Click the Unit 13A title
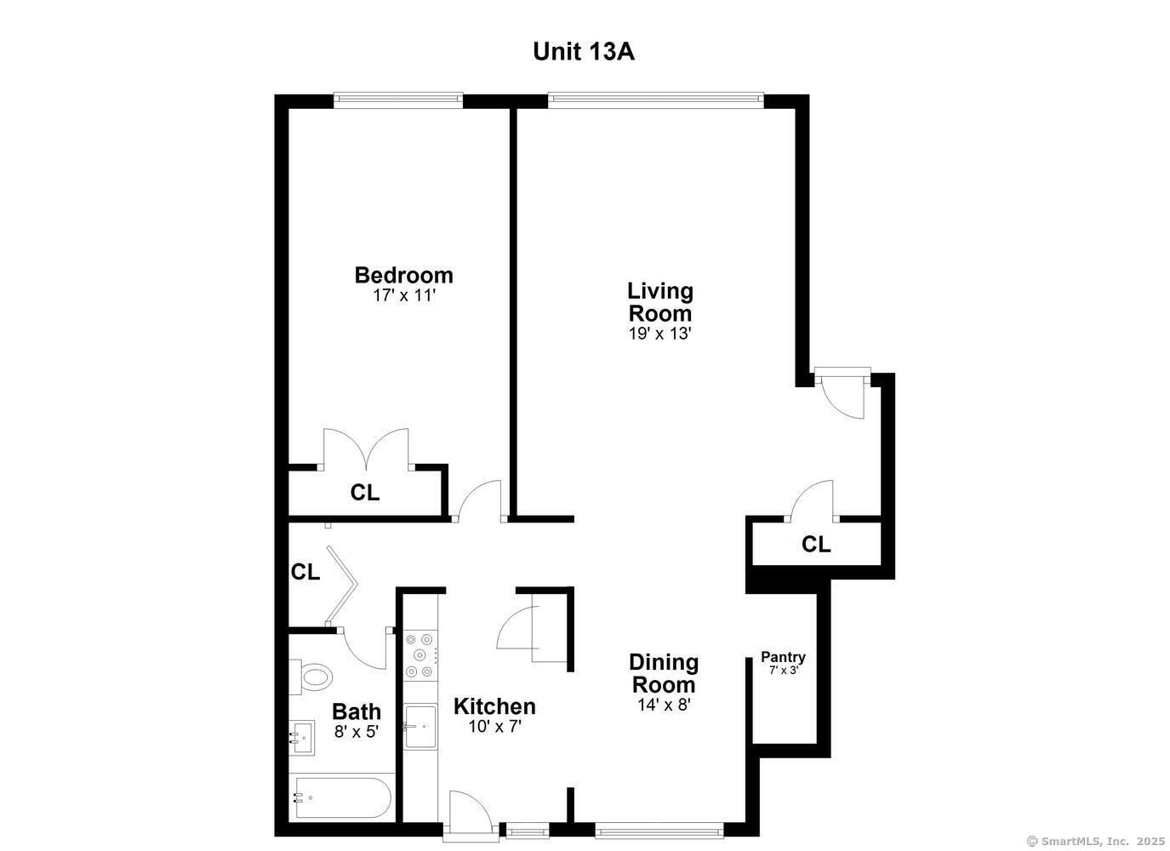pos(583,51)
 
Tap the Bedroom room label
pos(403,275)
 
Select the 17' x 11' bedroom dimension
pos(403,295)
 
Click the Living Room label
pos(660,301)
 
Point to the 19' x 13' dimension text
pos(659,334)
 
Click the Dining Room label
pos(663,672)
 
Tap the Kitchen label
pos(494,706)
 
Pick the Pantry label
pos(783,657)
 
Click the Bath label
pos(356,711)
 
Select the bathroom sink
pos(302,737)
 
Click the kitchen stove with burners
pos(419,655)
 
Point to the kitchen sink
pos(420,726)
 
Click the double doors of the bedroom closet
pos(366,449)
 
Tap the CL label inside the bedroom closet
pos(365,493)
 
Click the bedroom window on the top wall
pos(398,100)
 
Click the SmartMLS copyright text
pos(1095,841)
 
